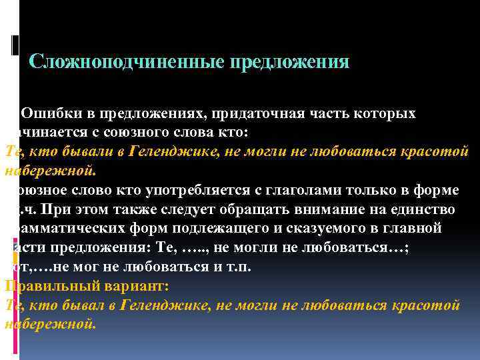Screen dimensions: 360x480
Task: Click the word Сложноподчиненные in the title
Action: (x=127, y=62)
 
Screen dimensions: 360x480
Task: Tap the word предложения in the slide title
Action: (x=289, y=62)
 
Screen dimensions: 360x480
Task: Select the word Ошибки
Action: (x=48, y=114)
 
